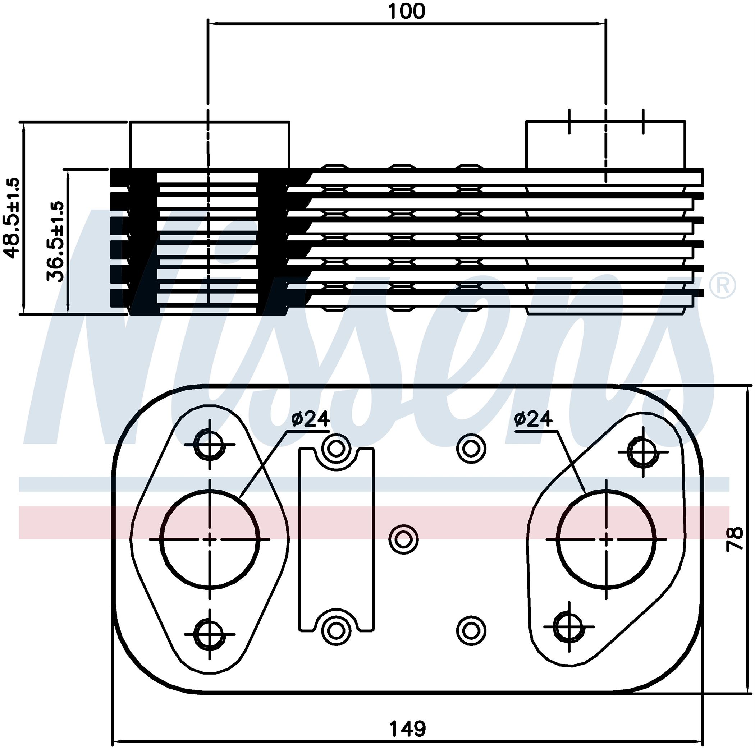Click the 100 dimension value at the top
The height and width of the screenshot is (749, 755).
(406, 12)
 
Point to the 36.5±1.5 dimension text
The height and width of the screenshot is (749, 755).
(55, 242)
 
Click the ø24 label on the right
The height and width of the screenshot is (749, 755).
(533, 419)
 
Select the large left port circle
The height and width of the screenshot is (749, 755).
(210, 539)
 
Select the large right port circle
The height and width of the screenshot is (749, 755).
(606, 539)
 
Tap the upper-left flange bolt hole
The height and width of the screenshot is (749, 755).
(210, 444)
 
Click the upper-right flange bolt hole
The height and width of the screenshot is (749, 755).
(643, 451)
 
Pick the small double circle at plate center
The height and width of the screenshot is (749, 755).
(404, 539)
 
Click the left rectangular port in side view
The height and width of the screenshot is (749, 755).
(210, 144)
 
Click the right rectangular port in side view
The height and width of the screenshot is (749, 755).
(605, 144)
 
